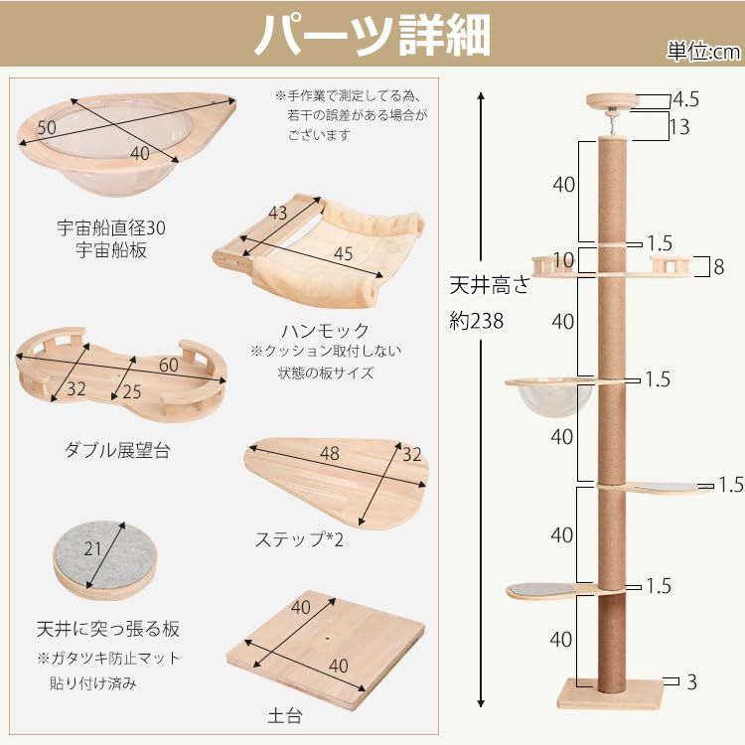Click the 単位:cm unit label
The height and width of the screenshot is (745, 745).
click(x=702, y=52)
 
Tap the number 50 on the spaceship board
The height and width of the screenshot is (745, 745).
click(x=47, y=129)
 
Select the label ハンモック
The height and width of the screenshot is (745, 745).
click(x=325, y=330)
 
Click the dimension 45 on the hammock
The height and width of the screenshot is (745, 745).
click(x=343, y=253)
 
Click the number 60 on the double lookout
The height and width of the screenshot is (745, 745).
click(x=168, y=365)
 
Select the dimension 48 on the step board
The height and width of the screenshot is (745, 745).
click(x=329, y=453)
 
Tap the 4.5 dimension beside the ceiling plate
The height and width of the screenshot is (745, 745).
click(x=685, y=100)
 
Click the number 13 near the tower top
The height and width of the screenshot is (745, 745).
click(x=680, y=127)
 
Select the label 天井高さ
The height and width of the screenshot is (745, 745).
click(x=486, y=288)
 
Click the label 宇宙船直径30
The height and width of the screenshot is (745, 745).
click(x=110, y=227)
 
